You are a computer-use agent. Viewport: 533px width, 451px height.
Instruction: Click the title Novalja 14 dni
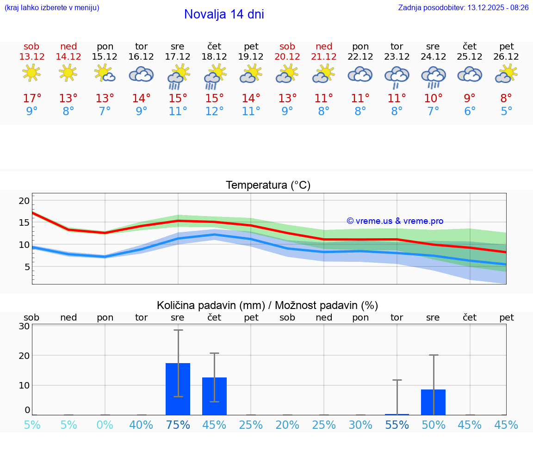[x=224, y=14]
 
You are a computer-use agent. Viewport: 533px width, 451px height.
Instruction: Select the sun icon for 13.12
[x=31, y=73]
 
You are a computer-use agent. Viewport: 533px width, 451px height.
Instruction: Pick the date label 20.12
[x=287, y=56]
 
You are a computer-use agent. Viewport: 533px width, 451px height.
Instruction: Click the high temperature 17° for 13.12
[x=32, y=98]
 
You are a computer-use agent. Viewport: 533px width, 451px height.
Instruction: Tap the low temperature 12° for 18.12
[x=214, y=111]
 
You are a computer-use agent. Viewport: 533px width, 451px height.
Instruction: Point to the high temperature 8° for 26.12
[x=506, y=98]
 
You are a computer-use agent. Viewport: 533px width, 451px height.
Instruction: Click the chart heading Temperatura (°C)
[x=268, y=185]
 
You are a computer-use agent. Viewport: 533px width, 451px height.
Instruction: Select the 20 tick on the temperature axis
[x=24, y=201]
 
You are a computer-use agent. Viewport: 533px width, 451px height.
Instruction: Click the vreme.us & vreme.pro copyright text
[x=395, y=221]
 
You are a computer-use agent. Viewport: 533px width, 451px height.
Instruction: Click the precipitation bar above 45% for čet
[x=214, y=396]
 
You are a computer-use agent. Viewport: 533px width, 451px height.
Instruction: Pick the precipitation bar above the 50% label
[x=433, y=402]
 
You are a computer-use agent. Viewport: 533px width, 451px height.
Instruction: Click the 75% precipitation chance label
[x=178, y=425]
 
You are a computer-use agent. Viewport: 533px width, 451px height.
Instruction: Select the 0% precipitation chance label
[x=105, y=425]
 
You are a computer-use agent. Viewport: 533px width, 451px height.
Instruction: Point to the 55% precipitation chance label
[x=397, y=425]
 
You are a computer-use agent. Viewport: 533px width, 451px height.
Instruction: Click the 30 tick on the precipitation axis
[x=24, y=326]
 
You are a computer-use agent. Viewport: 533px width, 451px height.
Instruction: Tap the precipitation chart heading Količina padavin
[x=267, y=305]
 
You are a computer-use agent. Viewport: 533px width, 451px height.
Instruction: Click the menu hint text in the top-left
[x=52, y=7]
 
